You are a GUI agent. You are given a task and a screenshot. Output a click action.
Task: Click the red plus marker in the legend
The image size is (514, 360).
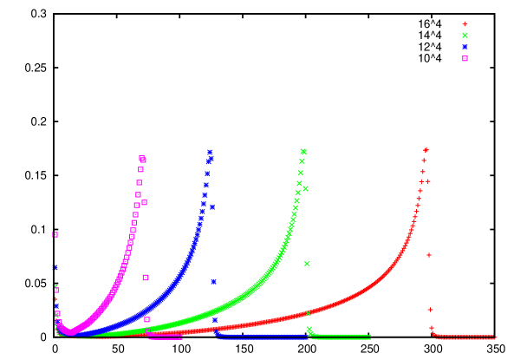tap(465, 24)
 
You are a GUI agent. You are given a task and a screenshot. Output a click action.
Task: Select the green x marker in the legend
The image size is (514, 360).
tap(465, 36)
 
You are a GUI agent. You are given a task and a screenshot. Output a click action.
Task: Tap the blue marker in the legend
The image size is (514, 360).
tap(465, 47)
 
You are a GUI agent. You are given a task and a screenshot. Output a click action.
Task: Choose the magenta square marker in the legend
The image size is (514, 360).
tap(465, 58)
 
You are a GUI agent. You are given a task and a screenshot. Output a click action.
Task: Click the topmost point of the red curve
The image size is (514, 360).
tap(426, 150)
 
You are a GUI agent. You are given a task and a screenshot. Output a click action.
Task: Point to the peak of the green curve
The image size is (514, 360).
tap(303, 152)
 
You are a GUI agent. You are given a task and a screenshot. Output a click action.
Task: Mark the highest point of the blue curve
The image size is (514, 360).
tap(210, 153)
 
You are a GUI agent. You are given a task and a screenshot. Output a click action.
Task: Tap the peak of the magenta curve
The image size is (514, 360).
tap(142, 159)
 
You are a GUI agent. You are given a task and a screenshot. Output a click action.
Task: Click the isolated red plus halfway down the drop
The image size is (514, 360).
tap(429, 255)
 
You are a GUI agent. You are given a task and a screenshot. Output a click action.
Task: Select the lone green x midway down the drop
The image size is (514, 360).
tap(307, 264)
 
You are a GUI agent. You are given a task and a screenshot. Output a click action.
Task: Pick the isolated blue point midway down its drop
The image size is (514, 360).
tap(213, 281)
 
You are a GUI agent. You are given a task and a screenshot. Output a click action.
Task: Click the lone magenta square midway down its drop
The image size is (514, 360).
tap(146, 278)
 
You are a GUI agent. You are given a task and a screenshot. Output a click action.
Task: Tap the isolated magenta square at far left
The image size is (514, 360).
tap(55, 234)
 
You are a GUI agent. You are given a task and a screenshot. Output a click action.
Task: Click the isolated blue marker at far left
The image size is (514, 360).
tap(55, 267)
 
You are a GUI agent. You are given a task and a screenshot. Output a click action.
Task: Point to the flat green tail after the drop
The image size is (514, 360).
tap(342, 336)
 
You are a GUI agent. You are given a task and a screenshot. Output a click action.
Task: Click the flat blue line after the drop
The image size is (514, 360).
tap(260, 336)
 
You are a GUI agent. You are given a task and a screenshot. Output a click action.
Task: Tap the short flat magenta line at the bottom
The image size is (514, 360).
tap(165, 336)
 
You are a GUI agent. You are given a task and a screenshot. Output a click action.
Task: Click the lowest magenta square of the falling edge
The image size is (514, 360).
tap(146, 319)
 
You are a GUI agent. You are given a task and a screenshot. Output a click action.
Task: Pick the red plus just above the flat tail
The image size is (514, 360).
tap(432, 328)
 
